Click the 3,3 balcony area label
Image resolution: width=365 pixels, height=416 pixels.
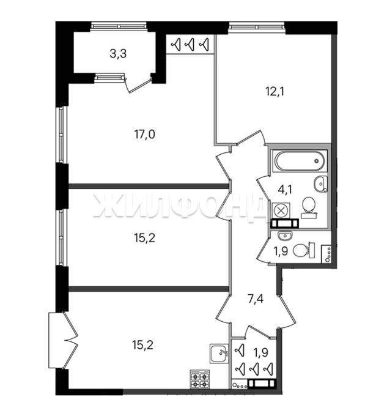[118, 54]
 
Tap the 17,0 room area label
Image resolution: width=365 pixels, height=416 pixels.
[145, 135]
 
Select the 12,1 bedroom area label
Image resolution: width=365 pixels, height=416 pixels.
[275, 92]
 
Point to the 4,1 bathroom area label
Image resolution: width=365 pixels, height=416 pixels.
[285, 190]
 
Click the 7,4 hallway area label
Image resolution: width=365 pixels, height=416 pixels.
[256, 299]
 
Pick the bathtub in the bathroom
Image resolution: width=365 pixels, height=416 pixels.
[300, 161]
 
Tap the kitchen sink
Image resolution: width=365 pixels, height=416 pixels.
[219, 353]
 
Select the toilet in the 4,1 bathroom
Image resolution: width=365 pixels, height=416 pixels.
[309, 208]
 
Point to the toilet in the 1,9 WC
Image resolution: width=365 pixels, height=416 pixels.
[304, 250]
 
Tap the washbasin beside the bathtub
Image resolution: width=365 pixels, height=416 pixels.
[321, 184]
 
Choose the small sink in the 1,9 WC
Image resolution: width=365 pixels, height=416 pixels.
[285, 235]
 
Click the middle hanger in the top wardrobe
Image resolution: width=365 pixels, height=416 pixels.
[191, 44]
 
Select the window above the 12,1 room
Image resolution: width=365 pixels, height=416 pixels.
[256, 27]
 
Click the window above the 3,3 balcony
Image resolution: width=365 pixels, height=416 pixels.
[119, 26]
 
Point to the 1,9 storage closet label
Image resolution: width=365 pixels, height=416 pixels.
[261, 352]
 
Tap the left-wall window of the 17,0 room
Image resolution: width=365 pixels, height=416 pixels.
[62, 135]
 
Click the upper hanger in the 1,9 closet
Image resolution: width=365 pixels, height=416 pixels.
[240, 350]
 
